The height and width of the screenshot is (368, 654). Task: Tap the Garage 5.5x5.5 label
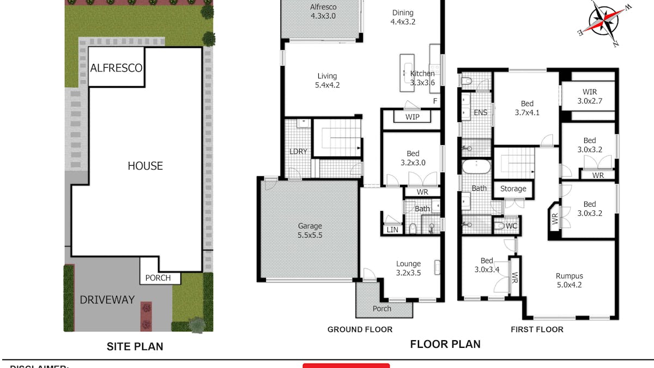tap(310, 230)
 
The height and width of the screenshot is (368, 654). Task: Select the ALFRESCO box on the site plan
tap(116, 68)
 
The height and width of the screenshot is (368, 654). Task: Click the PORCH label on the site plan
tap(158, 278)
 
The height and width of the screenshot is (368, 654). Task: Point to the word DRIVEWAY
tap(107, 299)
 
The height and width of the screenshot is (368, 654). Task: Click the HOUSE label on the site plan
tap(145, 166)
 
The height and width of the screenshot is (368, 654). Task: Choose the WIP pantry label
tap(413, 117)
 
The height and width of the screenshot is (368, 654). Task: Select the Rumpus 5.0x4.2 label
tap(569, 280)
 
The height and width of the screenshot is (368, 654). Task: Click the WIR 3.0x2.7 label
tap(590, 96)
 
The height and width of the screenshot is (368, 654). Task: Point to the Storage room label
tap(513, 189)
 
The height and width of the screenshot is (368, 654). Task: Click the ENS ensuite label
tap(481, 112)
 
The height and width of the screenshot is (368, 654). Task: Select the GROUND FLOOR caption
tap(360, 329)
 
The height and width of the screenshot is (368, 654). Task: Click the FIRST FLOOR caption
tap(537, 329)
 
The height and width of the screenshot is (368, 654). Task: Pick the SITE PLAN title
tap(135, 346)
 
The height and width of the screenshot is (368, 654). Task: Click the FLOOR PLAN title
tap(445, 344)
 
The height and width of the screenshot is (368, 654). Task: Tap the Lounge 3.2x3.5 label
tap(408, 268)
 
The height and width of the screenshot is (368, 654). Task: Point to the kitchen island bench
tap(406, 73)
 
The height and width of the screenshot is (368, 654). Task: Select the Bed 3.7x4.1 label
tap(526, 108)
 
